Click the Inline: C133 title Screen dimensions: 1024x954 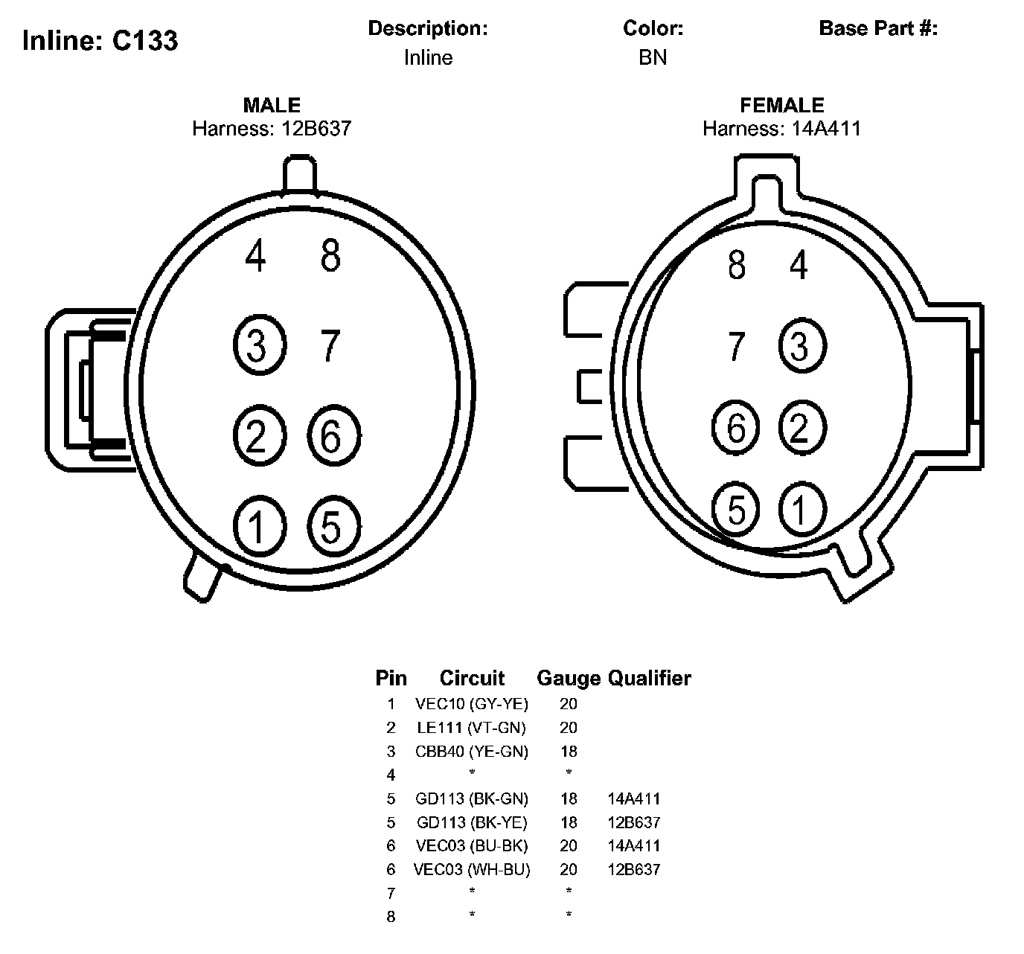coord(100,40)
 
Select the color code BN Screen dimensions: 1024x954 coord(652,57)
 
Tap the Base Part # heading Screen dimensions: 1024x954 coord(878,28)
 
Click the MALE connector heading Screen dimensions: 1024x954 coord(272,105)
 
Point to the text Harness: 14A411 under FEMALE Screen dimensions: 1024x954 coord(781,129)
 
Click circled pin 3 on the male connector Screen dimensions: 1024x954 coord(260,345)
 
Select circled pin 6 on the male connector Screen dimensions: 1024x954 coord(333,435)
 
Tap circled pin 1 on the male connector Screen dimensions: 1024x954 coord(260,526)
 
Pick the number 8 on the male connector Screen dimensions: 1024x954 coord(330,255)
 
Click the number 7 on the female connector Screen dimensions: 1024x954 coord(736,345)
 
